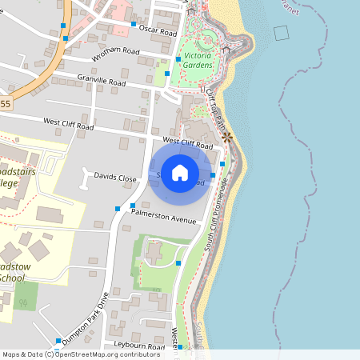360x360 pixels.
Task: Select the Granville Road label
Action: coord(102,80)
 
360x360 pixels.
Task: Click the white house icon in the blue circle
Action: coord(180,172)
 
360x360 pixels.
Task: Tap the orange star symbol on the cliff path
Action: coord(228,138)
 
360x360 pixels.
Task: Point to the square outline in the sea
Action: coord(281,33)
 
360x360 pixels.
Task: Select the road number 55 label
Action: coord(6,104)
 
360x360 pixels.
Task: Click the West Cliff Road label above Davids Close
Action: coord(68,125)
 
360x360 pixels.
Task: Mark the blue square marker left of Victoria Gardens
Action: coord(167,74)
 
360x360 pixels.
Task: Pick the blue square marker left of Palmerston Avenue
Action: coord(118,208)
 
